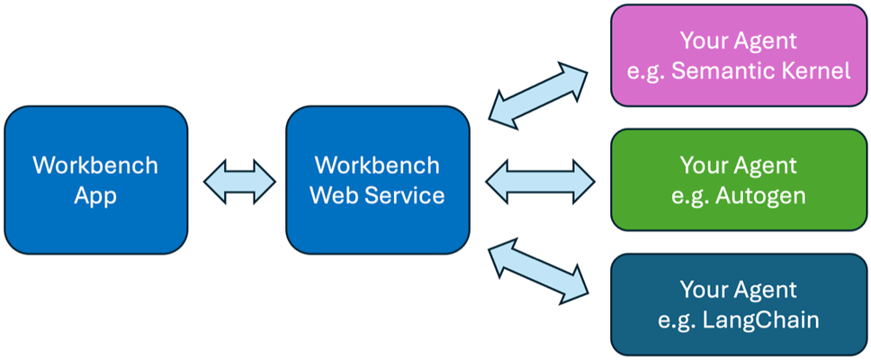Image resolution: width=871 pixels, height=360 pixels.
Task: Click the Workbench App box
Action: click(96, 180)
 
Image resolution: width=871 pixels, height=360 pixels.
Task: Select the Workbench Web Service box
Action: click(378, 180)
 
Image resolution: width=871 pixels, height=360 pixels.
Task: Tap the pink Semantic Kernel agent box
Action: click(739, 55)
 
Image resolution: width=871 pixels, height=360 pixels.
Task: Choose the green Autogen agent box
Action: click(739, 180)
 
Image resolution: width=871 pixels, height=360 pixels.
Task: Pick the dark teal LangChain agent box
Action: click(739, 304)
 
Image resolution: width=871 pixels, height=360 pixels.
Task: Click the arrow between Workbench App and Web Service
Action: click(239, 181)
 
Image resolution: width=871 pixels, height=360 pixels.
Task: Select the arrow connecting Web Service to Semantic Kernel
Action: click(538, 95)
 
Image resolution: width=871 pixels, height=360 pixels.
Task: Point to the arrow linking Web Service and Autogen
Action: click(540, 181)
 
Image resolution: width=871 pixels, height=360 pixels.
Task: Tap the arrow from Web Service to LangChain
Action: click(538, 272)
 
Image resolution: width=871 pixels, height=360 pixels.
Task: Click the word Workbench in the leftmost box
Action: click(95, 166)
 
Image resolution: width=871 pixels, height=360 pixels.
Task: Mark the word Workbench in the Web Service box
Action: click(377, 166)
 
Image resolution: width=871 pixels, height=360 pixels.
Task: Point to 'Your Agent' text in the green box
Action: click(739, 166)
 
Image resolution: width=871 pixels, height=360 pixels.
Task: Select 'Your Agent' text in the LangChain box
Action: click(739, 290)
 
